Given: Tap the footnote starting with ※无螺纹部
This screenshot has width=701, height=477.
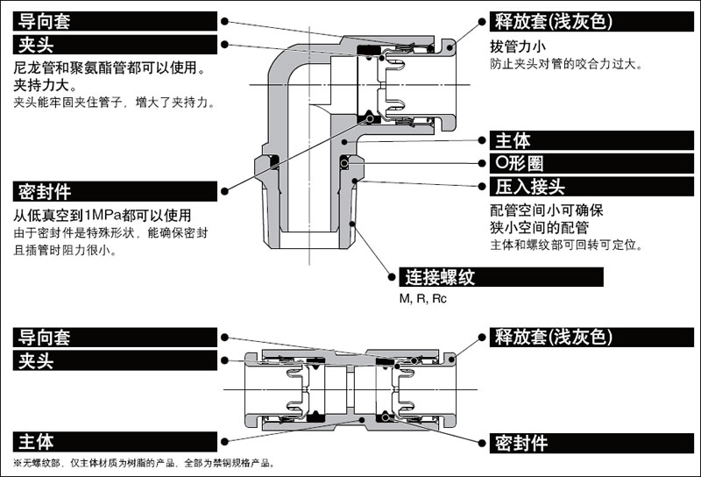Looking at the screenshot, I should [145, 463].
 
